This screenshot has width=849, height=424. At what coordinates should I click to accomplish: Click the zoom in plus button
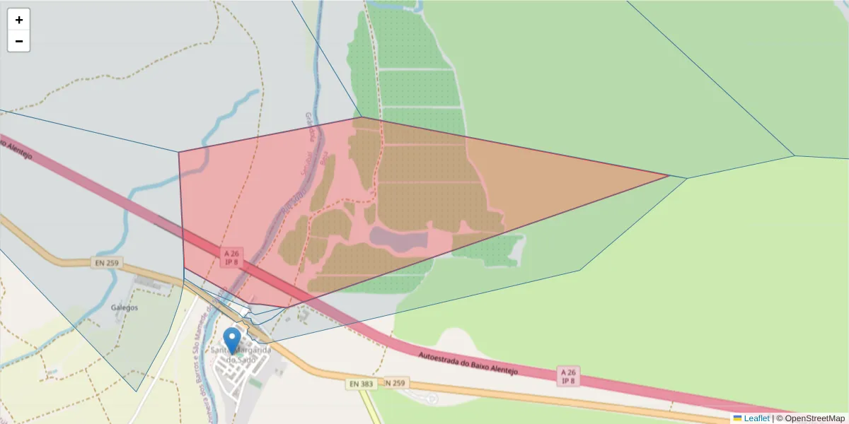[18, 20]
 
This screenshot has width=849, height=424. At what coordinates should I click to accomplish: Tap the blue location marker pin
[232, 339]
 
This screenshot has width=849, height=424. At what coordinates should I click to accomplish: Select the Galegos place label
[125, 307]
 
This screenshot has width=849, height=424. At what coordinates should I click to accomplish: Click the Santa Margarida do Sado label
[241, 355]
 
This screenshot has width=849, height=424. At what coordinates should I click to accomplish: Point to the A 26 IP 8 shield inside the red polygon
[231, 257]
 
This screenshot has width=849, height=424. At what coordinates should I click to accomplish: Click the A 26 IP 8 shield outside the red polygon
[567, 376]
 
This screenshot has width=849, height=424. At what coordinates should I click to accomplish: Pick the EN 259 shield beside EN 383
[397, 382]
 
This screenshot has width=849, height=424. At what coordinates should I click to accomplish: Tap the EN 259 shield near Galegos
[107, 264]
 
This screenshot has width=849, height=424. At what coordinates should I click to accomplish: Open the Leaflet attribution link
[756, 418]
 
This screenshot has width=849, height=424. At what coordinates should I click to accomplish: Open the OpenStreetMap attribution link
[812, 418]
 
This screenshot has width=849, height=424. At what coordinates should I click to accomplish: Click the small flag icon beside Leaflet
[737, 418]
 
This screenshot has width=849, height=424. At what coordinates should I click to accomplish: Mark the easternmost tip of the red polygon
[669, 175]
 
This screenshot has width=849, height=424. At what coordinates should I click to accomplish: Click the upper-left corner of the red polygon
[179, 152]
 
